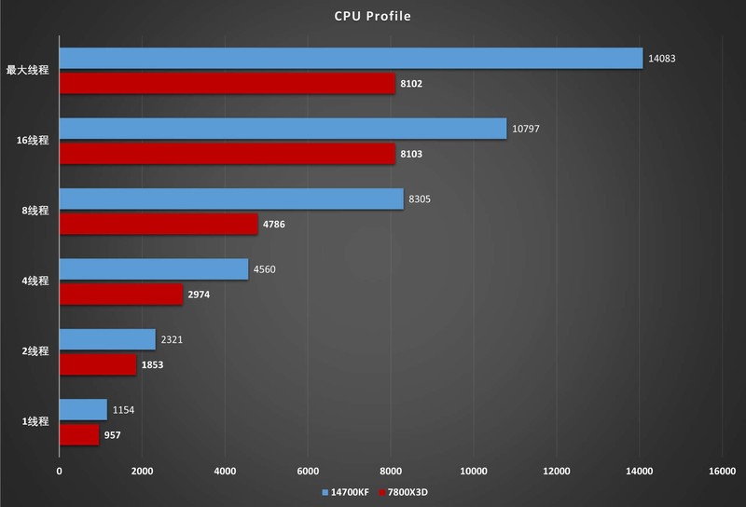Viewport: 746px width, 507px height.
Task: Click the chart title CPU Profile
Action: tap(372, 16)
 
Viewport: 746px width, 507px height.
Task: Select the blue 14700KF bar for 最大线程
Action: tap(351, 59)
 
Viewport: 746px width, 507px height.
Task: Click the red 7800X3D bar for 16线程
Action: tap(227, 153)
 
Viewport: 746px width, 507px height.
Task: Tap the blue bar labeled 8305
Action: tap(231, 199)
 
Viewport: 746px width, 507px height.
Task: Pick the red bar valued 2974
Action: tap(121, 295)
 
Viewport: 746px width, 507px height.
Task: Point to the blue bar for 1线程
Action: tap(83, 409)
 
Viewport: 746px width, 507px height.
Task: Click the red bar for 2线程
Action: tap(98, 364)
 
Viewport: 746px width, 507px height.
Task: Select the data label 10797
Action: tap(526, 129)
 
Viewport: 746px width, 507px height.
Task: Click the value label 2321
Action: tap(172, 339)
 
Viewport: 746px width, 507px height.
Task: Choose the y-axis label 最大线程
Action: tap(27, 70)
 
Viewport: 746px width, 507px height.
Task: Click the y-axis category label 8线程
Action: tap(34, 211)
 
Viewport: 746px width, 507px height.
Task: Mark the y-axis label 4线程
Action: tap(34, 281)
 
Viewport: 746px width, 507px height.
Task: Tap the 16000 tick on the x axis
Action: tap(722, 471)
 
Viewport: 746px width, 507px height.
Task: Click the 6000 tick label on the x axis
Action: tap(308, 471)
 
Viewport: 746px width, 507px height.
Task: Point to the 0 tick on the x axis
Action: tap(60, 471)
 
